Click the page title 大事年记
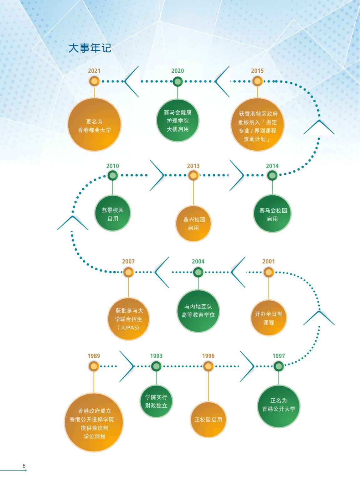pos(90,48)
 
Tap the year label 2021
pos(94,71)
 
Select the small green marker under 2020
pos(177,81)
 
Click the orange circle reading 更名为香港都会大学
pos(94,124)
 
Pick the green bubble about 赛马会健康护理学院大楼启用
pos(178,121)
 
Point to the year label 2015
pos(257,71)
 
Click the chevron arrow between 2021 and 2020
pos(131,81)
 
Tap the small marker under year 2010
pos(112,175)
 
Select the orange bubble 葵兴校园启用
pos(193,224)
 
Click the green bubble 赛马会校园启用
pos(272,214)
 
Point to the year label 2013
pos(193,166)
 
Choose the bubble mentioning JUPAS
pos(128,319)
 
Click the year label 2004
pos(198,261)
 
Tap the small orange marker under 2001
pos(268,272)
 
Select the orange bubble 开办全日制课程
pos(268,318)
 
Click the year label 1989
pos(94,356)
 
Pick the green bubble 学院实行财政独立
pos(156,401)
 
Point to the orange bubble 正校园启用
pos(208,420)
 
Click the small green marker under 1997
pos(279,366)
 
